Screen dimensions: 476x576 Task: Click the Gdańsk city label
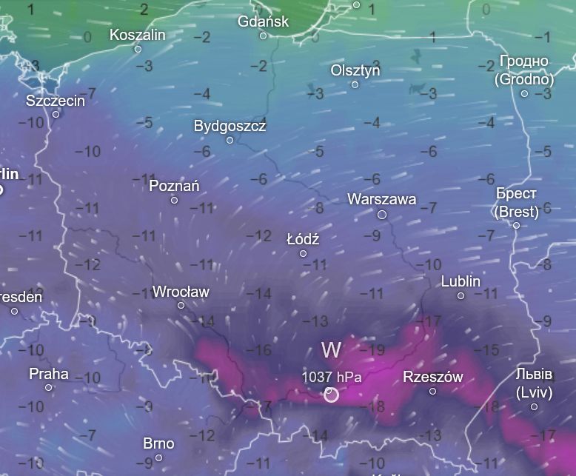tap(263, 21)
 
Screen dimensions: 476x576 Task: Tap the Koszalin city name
tap(137, 35)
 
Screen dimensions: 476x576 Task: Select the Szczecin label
tap(56, 101)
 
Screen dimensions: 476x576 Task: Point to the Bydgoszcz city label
tap(230, 126)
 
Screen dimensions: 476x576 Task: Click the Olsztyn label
tap(355, 70)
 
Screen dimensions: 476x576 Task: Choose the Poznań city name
tap(174, 186)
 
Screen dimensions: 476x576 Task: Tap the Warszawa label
tap(381, 199)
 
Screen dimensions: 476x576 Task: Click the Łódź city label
tap(303, 239)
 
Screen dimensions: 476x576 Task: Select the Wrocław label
tap(181, 292)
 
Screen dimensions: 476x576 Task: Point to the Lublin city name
tap(461, 281)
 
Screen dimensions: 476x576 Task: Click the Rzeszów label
tap(432, 377)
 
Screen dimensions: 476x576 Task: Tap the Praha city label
tap(49, 374)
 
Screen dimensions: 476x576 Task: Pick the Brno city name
tap(158, 443)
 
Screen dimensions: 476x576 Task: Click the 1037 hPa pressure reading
tap(331, 377)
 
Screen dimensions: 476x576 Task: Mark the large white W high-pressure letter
tap(331, 349)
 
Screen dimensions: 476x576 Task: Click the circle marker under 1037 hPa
tap(331, 395)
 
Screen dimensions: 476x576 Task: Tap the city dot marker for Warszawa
tap(382, 215)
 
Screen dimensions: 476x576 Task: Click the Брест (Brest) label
tap(516, 202)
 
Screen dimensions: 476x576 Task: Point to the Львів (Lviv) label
tap(534, 382)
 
